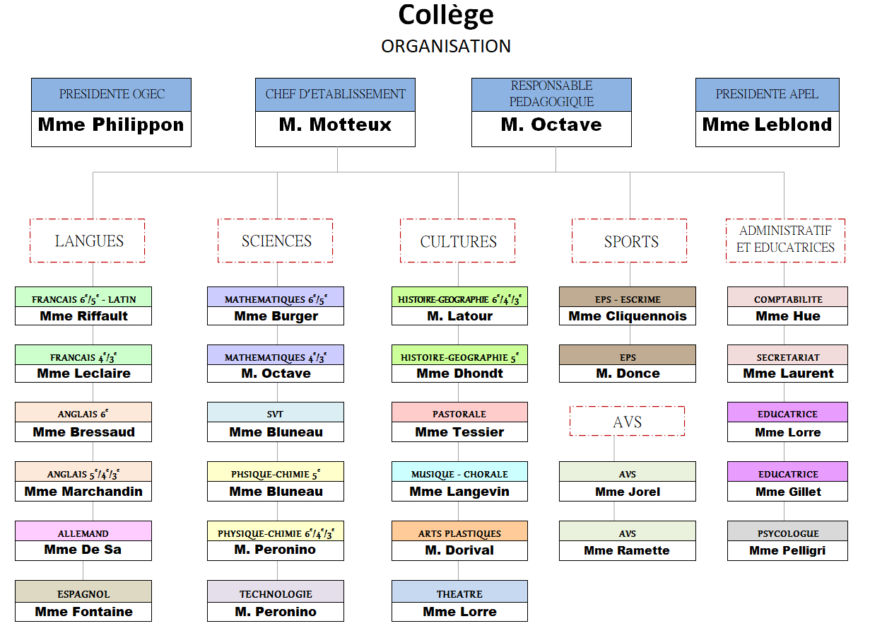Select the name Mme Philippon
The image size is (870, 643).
(x=111, y=125)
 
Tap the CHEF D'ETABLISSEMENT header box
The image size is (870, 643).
(x=335, y=94)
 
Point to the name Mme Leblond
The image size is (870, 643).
(x=767, y=125)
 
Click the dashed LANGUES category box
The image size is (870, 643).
(x=88, y=241)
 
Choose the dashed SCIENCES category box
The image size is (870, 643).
(x=276, y=241)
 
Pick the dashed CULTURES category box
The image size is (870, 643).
(x=458, y=242)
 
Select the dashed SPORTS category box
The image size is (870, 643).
(x=630, y=242)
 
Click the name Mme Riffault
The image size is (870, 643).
(x=83, y=316)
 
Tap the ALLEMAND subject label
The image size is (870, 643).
(x=83, y=533)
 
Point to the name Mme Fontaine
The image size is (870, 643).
(x=83, y=612)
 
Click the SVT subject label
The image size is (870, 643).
(x=276, y=414)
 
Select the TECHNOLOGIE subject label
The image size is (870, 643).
(x=276, y=594)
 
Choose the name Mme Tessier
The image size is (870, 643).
(x=459, y=432)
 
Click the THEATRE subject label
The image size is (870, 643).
(x=459, y=594)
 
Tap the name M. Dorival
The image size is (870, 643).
(x=459, y=550)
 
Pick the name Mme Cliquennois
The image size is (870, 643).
(x=628, y=316)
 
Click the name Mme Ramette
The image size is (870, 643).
(x=627, y=550)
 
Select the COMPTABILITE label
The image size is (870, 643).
(x=788, y=299)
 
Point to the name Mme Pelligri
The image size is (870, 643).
(x=787, y=550)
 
